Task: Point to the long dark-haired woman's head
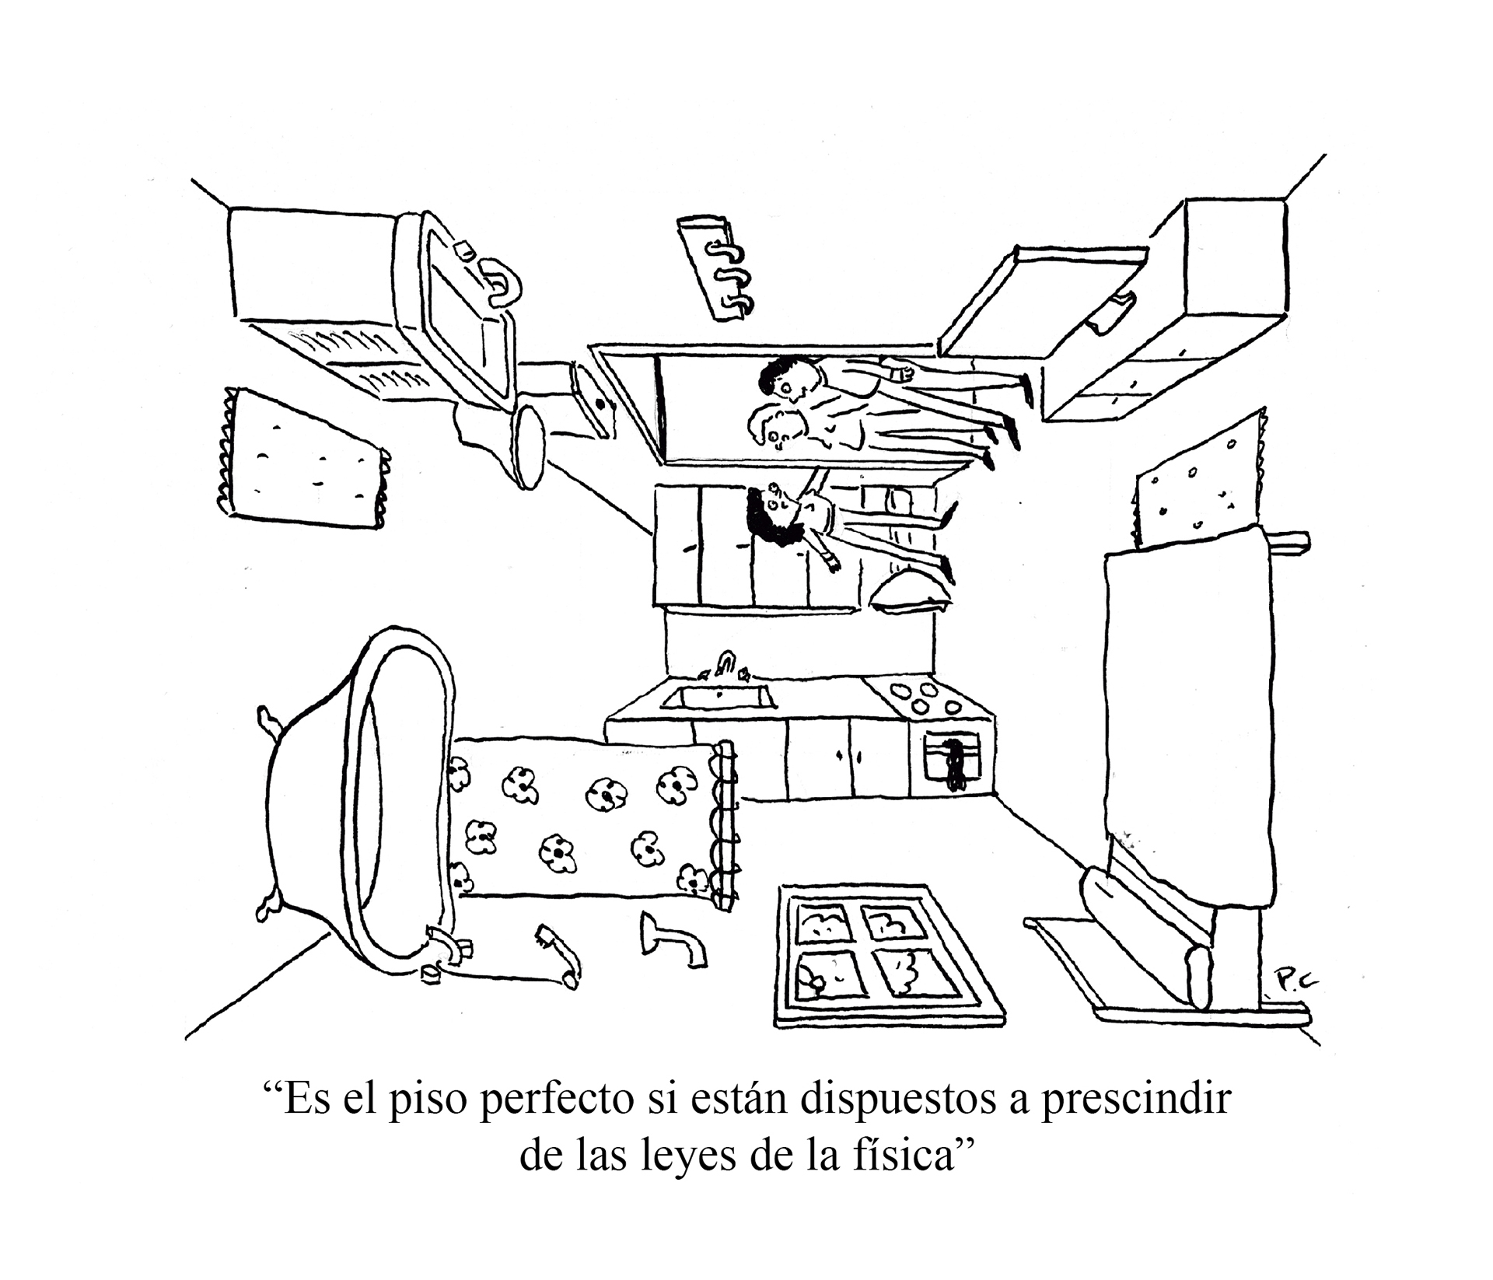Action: [x=770, y=512]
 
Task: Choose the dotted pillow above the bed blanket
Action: [x=1195, y=483]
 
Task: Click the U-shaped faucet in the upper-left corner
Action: [x=502, y=283]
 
